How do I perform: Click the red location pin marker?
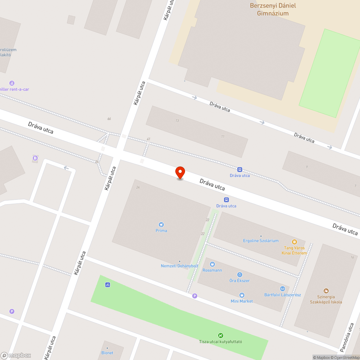(x=180, y=173)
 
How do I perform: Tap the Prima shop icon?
(x=161, y=225)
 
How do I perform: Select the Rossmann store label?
(x=212, y=270)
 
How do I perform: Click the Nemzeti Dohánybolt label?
(x=179, y=266)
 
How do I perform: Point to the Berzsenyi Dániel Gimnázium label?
(x=273, y=10)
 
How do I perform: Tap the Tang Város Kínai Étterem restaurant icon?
(x=294, y=242)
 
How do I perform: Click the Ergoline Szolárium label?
(x=261, y=240)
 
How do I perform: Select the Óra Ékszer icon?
(x=240, y=275)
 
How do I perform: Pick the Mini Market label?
(x=242, y=301)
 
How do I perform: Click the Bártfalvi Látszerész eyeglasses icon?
(x=283, y=289)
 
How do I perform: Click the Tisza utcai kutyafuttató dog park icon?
(x=221, y=336)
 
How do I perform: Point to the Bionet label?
(x=107, y=353)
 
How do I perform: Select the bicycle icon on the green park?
(x=108, y=285)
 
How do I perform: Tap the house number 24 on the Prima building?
(x=138, y=188)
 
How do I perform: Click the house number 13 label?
(x=177, y=121)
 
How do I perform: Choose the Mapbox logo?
(x=16, y=355)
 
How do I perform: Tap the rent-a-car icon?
(x=12, y=83)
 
